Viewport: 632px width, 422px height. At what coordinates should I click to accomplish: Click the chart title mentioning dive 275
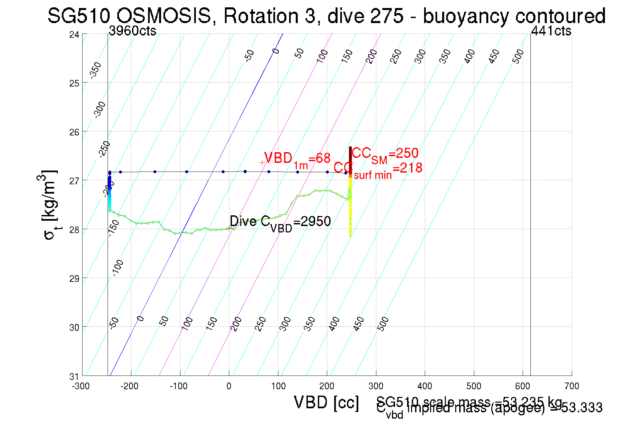326,16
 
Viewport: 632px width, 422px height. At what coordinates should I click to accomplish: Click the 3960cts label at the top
133,31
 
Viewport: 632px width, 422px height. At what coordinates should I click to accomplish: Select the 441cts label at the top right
551,31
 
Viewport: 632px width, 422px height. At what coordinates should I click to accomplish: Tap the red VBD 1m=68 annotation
297,159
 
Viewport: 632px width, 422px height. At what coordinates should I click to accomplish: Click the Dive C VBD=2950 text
280,222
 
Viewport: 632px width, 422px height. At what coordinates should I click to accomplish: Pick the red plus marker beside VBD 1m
262,163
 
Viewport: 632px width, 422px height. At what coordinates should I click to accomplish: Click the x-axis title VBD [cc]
326,402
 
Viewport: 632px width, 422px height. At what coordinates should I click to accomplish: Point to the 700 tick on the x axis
572,386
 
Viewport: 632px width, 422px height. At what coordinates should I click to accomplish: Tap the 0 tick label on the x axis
229,386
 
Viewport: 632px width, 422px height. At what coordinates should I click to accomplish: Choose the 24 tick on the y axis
74,34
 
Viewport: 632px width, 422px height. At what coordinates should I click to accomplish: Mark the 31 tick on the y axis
74,377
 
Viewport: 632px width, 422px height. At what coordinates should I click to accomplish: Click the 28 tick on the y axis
74,230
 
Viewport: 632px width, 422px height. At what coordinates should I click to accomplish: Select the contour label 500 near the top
518,56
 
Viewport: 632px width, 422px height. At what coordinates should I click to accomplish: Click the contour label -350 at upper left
96,70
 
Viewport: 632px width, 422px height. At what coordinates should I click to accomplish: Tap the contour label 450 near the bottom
359,324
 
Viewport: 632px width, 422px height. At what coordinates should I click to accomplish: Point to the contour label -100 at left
118,268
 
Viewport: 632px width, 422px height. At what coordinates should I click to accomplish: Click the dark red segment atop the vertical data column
350,155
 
